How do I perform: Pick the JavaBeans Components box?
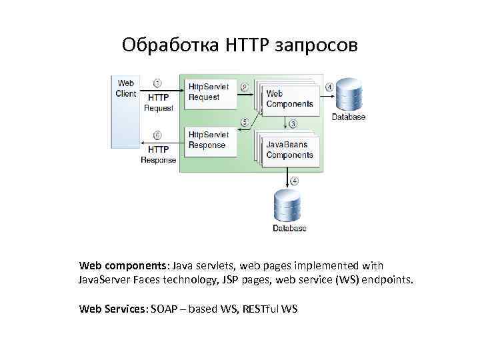[x=289, y=150]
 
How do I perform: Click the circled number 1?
[x=157, y=83]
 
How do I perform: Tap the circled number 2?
[x=244, y=87]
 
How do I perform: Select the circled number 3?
[x=293, y=123]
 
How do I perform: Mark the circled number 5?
[x=244, y=122]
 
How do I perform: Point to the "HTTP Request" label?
[x=158, y=102]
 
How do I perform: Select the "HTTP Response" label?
[x=158, y=155]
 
